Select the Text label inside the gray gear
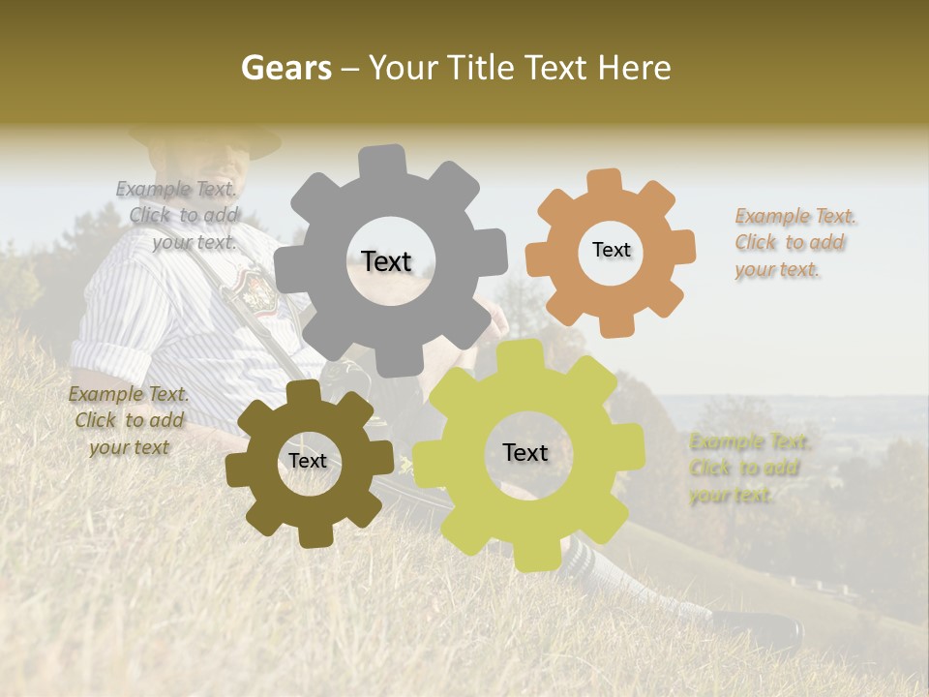[x=386, y=261]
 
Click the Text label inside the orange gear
[x=611, y=250]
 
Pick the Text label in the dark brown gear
[x=308, y=461]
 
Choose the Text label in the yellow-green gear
[x=525, y=452]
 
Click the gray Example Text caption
[x=178, y=216]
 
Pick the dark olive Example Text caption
[x=129, y=421]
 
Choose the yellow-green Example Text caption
[x=747, y=469]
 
